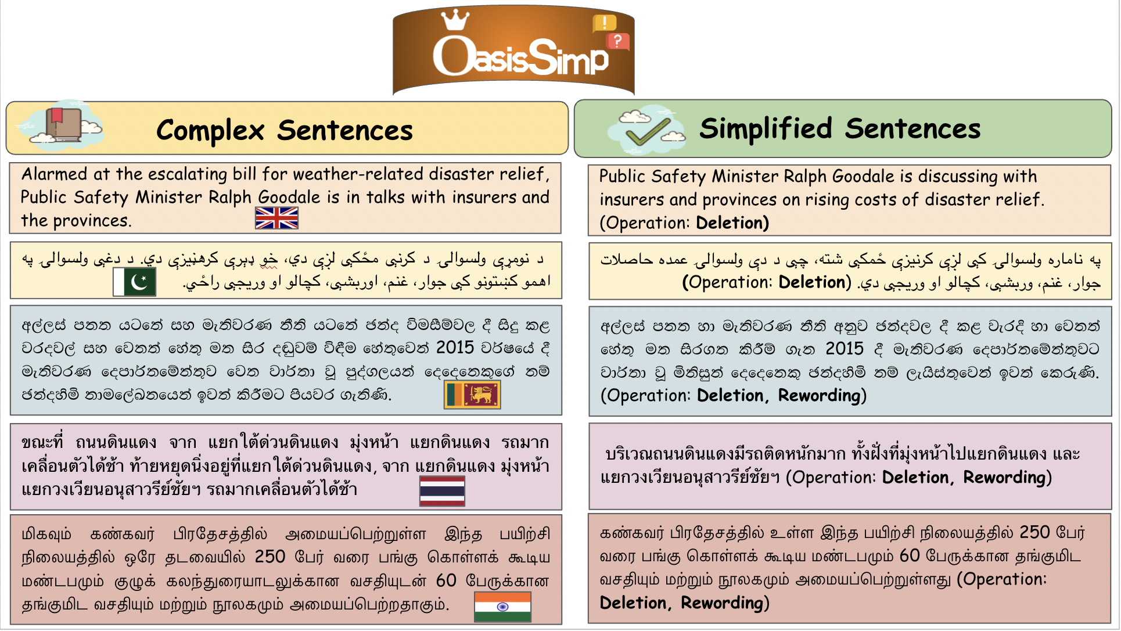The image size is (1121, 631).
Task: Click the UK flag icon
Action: pyautogui.click(x=276, y=218)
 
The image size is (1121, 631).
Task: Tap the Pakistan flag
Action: pyautogui.click(x=134, y=282)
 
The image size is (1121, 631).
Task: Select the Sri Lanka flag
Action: pyautogui.click(x=472, y=395)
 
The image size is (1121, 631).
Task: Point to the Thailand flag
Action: pyautogui.click(x=442, y=491)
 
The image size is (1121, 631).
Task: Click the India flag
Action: pyautogui.click(x=502, y=607)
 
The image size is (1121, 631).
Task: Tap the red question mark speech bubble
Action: pyautogui.click(x=617, y=41)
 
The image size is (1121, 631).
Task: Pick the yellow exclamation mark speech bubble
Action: pyautogui.click(x=604, y=23)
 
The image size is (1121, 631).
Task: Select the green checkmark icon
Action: pyautogui.click(x=648, y=131)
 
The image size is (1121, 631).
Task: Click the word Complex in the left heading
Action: pyautogui.click(x=210, y=131)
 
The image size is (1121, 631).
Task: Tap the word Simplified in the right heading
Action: pyautogui.click(x=766, y=129)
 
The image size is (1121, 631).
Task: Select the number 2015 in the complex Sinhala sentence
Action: pyautogui.click(x=455, y=347)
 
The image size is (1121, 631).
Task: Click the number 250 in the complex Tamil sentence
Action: pyautogui.click(x=270, y=557)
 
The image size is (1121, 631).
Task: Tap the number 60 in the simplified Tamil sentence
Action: pyautogui.click(x=910, y=556)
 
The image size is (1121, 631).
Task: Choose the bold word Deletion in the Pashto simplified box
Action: pyautogui.click(x=815, y=282)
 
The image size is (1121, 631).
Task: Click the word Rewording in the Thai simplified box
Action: pyautogui.click(x=1007, y=478)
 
